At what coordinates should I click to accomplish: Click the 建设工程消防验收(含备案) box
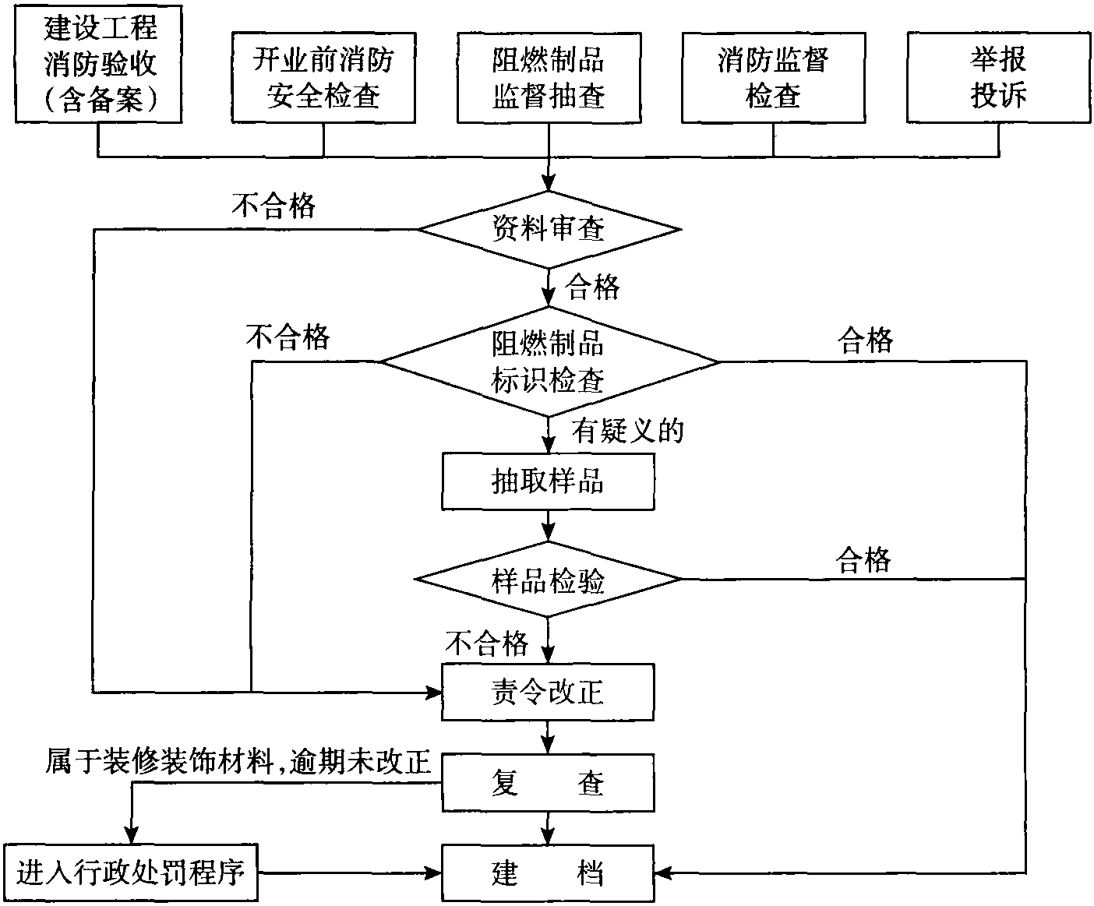pyautogui.click(x=98, y=64)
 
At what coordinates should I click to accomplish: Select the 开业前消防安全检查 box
pyautogui.click(x=324, y=78)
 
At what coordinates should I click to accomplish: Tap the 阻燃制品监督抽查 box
pyautogui.click(x=549, y=78)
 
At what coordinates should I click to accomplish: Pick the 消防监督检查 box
pyautogui.click(x=773, y=78)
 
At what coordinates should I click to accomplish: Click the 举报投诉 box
pyautogui.click(x=999, y=78)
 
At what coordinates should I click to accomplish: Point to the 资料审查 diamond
pyautogui.click(x=549, y=230)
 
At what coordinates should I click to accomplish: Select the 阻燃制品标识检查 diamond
pyautogui.click(x=549, y=361)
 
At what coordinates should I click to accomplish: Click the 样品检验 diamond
pyautogui.click(x=548, y=579)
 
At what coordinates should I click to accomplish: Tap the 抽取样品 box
pyautogui.click(x=548, y=481)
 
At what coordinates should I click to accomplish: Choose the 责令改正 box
pyautogui.click(x=548, y=693)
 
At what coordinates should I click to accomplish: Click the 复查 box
pyautogui.click(x=548, y=783)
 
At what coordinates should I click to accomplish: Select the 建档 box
pyautogui.click(x=548, y=873)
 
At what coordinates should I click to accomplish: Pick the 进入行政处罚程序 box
pyautogui.click(x=131, y=873)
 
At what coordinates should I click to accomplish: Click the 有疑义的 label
pyautogui.click(x=628, y=431)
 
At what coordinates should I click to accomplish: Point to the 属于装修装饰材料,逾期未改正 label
pyautogui.click(x=238, y=761)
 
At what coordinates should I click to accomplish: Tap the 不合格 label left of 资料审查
pyautogui.click(x=273, y=205)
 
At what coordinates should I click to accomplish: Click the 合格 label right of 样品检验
pyautogui.click(x=863, y=559)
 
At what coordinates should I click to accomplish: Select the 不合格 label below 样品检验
pyautogui.click(x=487, y=643)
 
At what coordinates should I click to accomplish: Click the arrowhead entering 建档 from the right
pyautogui.click(x=663, y=873)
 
